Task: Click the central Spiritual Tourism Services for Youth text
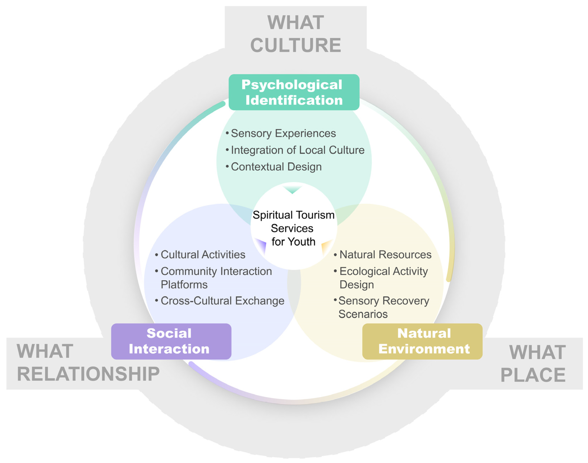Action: point(293,228)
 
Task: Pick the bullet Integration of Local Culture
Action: point(297,150)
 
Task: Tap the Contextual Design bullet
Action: point(276,167)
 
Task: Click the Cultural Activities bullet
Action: point(203,255)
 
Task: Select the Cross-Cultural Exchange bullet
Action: point(222,301)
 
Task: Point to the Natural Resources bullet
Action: point(385,255)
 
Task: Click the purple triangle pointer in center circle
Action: point(261,245)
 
